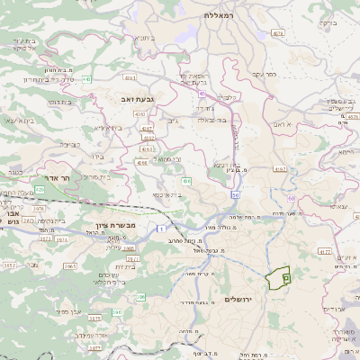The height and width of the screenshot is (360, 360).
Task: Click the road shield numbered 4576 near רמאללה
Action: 278,33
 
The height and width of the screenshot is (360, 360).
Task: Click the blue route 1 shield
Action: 161,229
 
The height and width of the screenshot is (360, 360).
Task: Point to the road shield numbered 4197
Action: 282,168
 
